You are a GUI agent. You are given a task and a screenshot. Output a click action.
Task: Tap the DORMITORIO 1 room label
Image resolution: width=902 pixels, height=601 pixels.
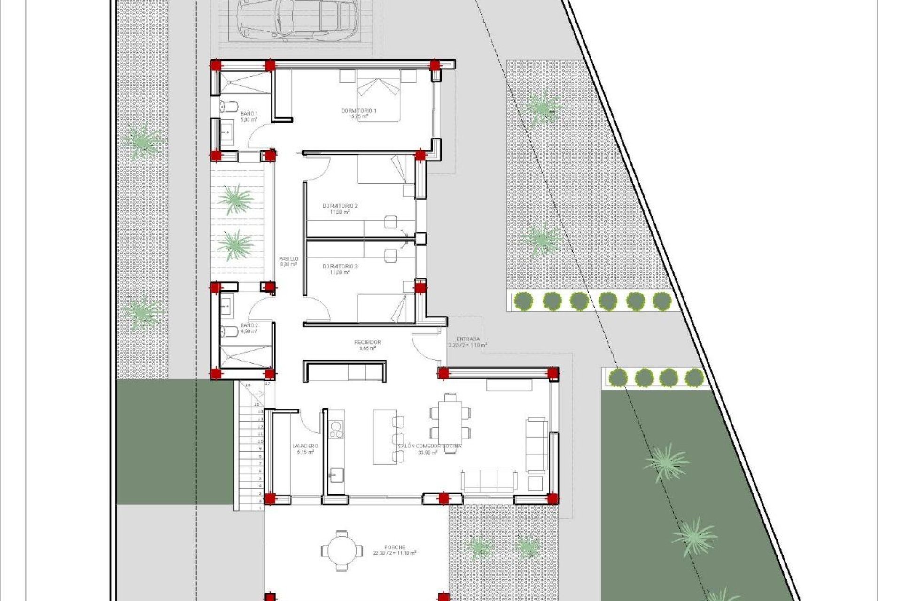tap(358, 111)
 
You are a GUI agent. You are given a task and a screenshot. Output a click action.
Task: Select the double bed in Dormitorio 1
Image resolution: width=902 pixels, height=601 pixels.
tap(378, 96)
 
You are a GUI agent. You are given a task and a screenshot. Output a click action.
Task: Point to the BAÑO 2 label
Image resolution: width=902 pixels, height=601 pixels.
tap(249, 325)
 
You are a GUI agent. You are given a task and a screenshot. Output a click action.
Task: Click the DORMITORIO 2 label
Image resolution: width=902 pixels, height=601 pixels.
tap(340, 206)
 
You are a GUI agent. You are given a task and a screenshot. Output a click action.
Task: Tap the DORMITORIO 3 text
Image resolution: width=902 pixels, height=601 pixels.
tap(340, 266)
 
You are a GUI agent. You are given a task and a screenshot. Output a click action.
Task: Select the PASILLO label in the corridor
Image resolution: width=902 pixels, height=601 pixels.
tap(288, 259)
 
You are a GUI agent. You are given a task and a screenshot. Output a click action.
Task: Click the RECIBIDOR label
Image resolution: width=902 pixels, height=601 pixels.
tap(367, 342)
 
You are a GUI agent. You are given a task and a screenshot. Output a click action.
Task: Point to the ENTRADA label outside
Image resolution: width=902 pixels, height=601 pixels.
tap(468, 339)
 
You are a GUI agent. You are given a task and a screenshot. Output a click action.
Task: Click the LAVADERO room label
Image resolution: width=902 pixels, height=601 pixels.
tap(305, 446)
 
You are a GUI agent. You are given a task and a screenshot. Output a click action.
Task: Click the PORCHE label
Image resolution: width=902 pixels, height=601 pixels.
tap(395, 547)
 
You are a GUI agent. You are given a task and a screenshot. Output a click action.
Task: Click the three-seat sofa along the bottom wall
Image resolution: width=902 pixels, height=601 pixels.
tap(489, 480)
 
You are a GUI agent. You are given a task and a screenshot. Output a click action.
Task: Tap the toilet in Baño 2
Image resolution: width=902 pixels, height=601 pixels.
tap(230, 331)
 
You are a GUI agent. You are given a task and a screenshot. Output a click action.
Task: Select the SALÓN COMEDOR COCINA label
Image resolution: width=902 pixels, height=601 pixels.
tap(429, 446)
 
